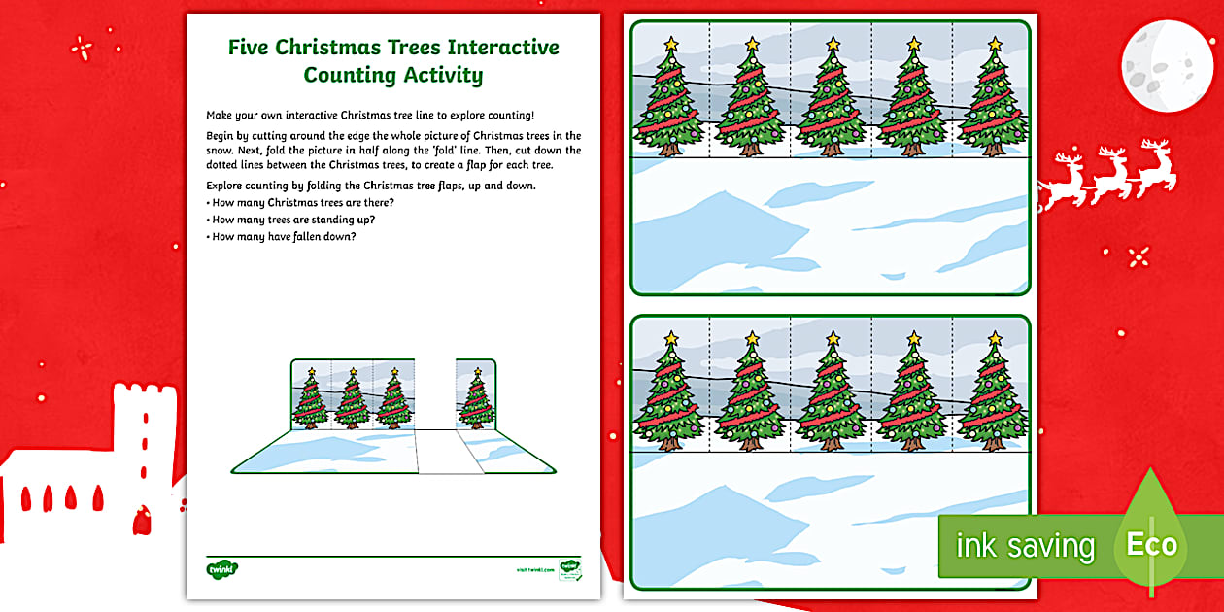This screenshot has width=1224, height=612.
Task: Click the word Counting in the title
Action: coord(348,75)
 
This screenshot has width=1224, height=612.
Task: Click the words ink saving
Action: coord(1025,546)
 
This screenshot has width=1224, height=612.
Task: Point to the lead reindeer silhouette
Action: coord(1155,166)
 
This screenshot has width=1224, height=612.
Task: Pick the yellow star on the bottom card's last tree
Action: coord(994,338)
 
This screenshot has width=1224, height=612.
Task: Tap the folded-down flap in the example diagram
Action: coord(448,453)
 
